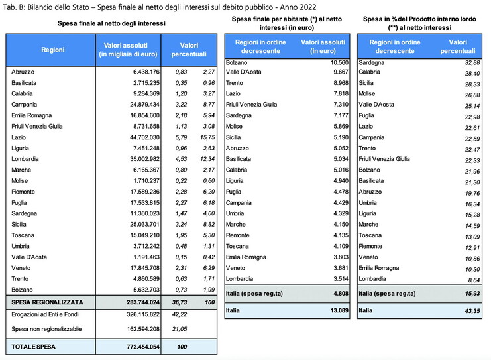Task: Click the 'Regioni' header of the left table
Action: point(52,49)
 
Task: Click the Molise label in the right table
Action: point(368,93)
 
